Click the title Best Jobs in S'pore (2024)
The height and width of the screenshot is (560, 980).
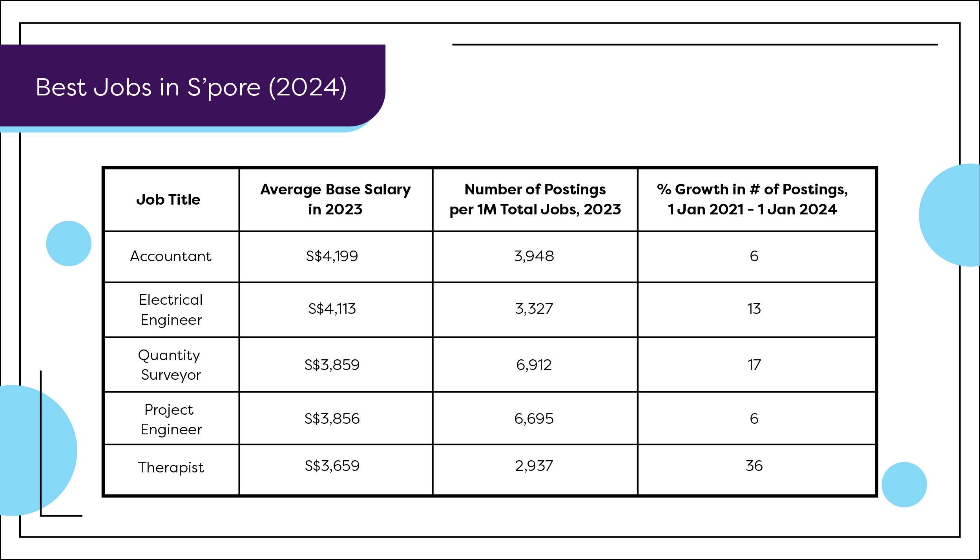coord(191,87)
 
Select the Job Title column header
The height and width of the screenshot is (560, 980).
coord(168,199)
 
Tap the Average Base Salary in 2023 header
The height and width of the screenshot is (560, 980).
coord(335,199)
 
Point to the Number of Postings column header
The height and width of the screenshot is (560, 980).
coord(535,199)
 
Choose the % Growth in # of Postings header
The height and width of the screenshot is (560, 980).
coord(752,199)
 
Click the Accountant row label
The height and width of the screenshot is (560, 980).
coord(171,256)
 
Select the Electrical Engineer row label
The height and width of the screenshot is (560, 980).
coord(171,310)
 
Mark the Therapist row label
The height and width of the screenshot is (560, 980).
coord(171,467)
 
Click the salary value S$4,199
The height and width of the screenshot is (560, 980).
coord(332,256)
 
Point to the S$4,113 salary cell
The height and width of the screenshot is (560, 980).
coord(332,309)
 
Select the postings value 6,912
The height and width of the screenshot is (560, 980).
coord(534,365)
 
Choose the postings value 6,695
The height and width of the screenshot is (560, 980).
coord(534,419)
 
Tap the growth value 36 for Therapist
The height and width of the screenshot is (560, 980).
coord(754,466)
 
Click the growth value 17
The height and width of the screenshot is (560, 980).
coord(754,365)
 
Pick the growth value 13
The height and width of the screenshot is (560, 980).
coord(754,309)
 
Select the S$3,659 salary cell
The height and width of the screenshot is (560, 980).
coord(332,466)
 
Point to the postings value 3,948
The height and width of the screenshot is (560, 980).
coord(534,256)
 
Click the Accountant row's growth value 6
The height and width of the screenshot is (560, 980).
coord(754,256)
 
